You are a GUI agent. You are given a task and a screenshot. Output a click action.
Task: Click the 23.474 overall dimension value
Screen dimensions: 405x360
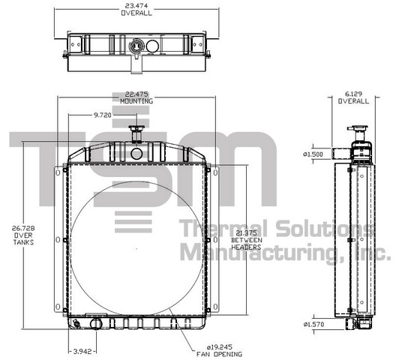point(136,5)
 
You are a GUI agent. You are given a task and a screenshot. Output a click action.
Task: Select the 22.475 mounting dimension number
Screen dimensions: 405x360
point(136,94)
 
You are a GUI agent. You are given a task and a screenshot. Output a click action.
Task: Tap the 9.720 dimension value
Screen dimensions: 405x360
point(102,115)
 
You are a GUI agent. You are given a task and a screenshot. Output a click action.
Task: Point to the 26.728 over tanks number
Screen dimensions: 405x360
point(23,228)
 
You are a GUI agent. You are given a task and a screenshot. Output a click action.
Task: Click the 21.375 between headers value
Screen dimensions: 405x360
point(247,233)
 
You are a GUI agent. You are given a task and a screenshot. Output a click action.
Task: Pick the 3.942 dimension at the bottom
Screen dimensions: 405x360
point(82,351)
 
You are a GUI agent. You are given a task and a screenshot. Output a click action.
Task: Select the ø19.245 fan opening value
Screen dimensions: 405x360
point(220,346)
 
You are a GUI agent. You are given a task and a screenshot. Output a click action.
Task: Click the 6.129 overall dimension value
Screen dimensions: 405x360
point(353,94)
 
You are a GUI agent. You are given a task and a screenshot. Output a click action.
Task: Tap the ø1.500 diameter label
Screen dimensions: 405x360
point(313,154)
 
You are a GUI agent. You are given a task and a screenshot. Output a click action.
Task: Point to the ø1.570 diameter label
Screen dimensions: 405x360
point(313,324)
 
